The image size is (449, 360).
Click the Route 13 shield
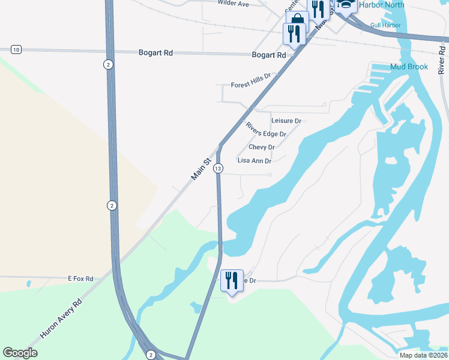(x=218, y=169)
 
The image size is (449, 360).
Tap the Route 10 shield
(x=16, y=49)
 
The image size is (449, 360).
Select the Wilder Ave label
(x=233, y=4)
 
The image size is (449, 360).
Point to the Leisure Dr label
(x=286, y=121)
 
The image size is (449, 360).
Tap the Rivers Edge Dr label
(x=266, y=130)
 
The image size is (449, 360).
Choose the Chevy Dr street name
(x=262, y=147)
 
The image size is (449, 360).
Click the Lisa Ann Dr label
(x=255, y=161)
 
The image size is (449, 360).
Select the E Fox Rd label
(x=80, y=279)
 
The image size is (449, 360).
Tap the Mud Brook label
(x=409, y=67)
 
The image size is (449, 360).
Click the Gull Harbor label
(x=385, y=25)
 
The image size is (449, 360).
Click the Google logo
(x=20, y=353)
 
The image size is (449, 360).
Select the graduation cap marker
(x=346, y=5)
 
